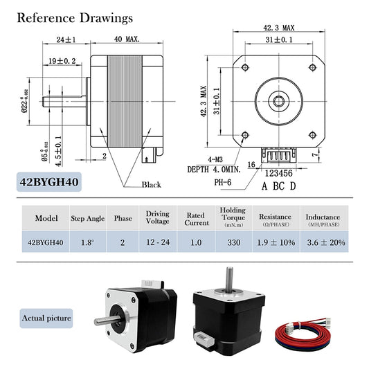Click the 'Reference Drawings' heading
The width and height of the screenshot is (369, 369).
click(x=75, y=17)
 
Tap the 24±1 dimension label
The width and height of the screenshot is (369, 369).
click(x=66, y=39)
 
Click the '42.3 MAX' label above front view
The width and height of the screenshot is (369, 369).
click(x=279, y=28)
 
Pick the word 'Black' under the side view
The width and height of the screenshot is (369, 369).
click(x=151, y=185)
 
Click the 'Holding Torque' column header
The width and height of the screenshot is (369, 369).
click(x=233, y=217)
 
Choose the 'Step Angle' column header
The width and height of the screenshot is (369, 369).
click(x=88, y=218)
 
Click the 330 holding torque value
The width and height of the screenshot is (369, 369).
click(x=233, y=242)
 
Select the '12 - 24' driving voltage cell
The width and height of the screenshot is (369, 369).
click(x=158, y=242)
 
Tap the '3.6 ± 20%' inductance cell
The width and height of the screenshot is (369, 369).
click(x=325, y=242)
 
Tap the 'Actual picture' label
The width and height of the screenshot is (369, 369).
click(x=48, y=318)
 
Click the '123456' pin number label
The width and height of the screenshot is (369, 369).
click(x=279, y=174)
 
